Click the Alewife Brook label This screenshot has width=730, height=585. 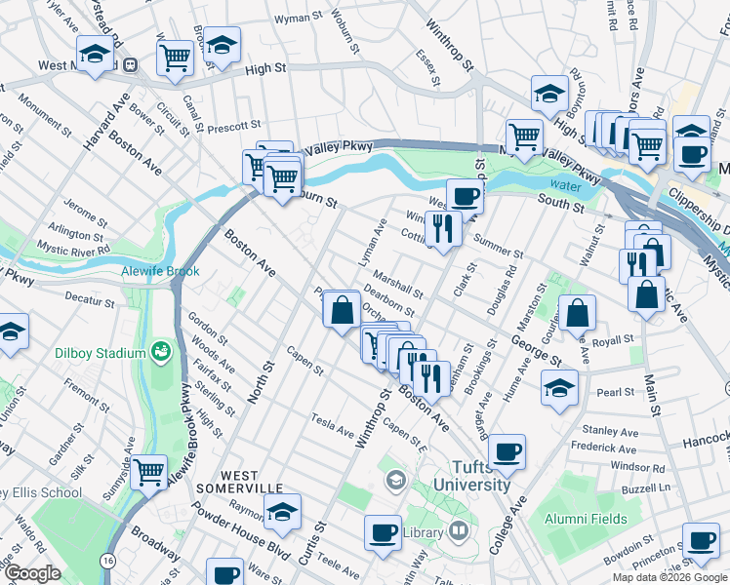click(x=160, y=272)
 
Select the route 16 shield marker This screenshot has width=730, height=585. click(x=106, y=562)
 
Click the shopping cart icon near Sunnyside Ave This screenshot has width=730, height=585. click(x=148, y=471)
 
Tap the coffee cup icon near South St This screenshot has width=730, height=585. click(x=465, y=195)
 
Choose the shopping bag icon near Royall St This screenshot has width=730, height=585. click(x=578, y=311)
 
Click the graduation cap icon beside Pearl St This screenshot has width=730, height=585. click(x=560, y=387)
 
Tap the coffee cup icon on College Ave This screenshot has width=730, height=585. click(x=507, y=450)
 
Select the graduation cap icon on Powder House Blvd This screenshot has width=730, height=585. click(x=281, y=510)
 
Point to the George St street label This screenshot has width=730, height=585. click(x=535, y=351)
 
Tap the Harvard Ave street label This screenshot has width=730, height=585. click(x=104, y=125)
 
